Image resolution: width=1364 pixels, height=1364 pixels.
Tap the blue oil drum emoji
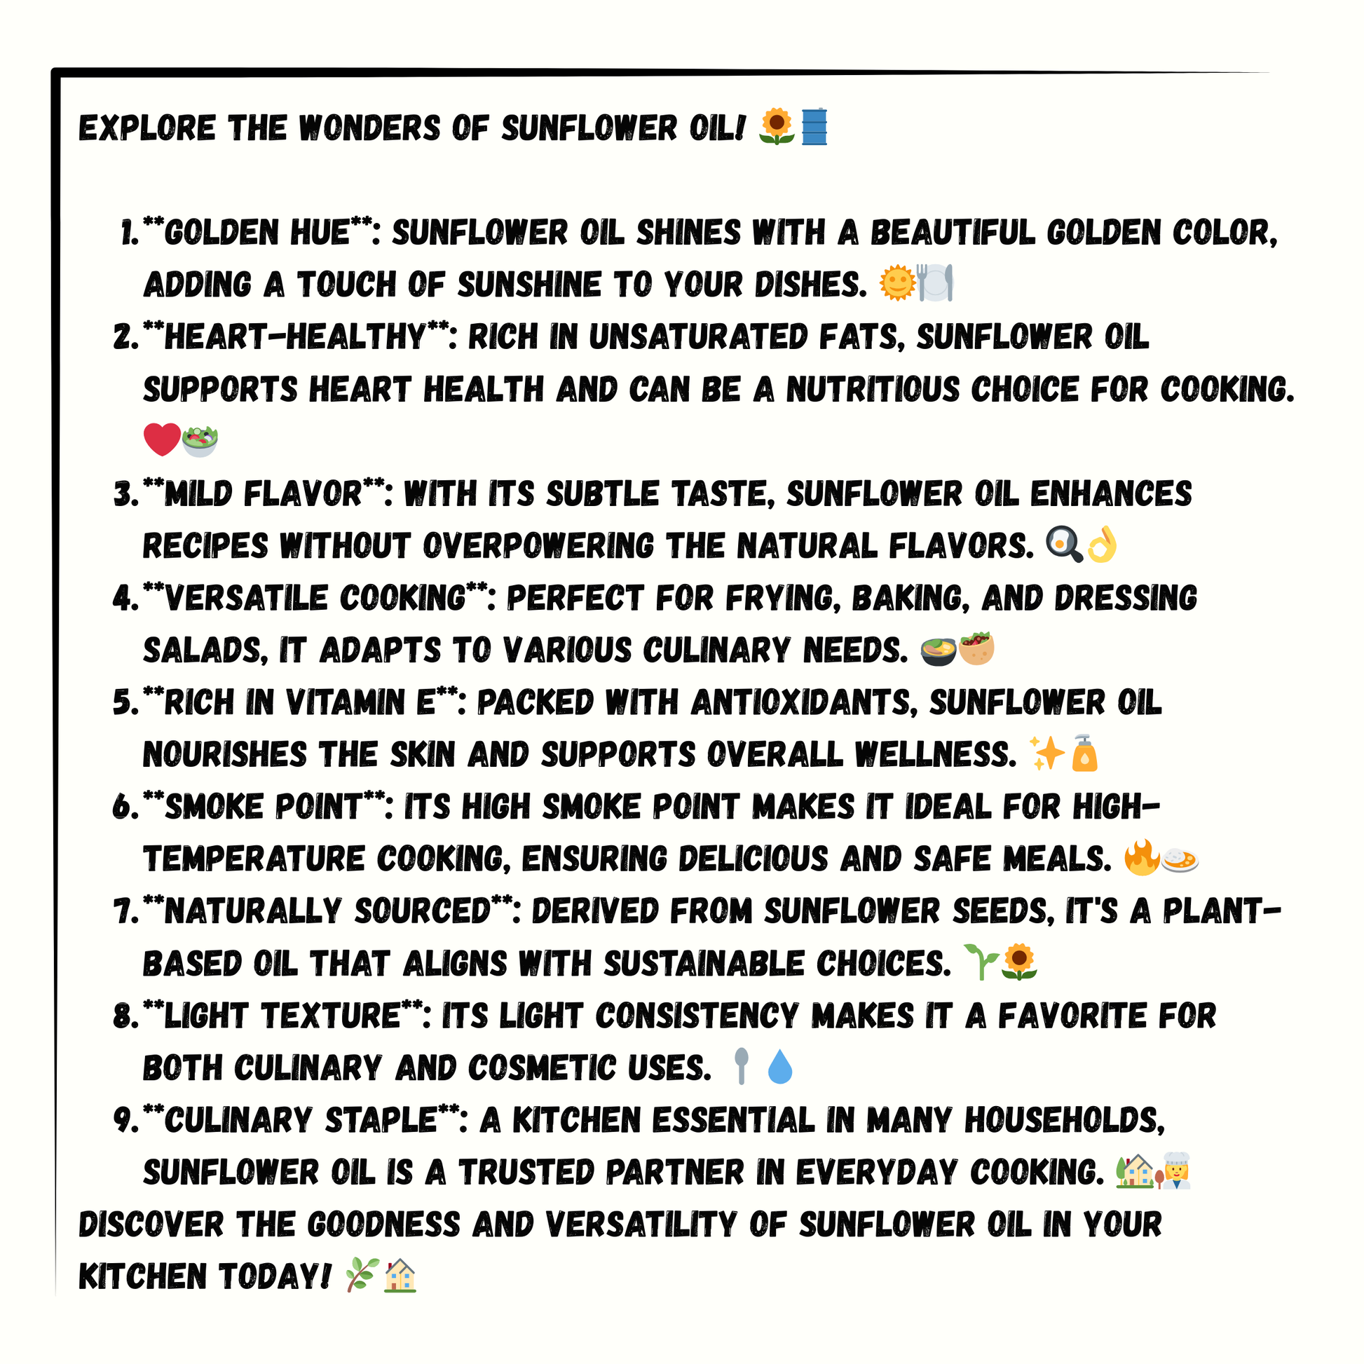click(x=814, y=127)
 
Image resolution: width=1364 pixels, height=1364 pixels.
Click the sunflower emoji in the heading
click(x=777, y=127)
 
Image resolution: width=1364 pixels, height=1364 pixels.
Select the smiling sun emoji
click(x=896, y=283)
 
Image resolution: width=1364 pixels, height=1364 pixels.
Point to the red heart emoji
click(x=162, y=440)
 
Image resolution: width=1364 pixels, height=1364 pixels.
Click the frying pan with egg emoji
click(x=1063, y=545)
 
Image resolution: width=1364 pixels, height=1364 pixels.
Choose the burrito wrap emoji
click(x=976, y=649)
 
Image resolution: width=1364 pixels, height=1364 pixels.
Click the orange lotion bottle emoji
click(x=1085, y=753)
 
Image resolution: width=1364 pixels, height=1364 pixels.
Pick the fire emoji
click(x=1142, y=858)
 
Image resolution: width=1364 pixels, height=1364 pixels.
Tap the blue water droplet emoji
click(x=779, y=1067)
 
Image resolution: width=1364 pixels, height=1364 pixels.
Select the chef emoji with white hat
click(x=1175, y=1171)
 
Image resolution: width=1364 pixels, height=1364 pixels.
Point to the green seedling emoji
click(x=981, y=962)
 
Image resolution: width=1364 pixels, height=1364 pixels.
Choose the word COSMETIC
click(x=543, y=1068)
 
